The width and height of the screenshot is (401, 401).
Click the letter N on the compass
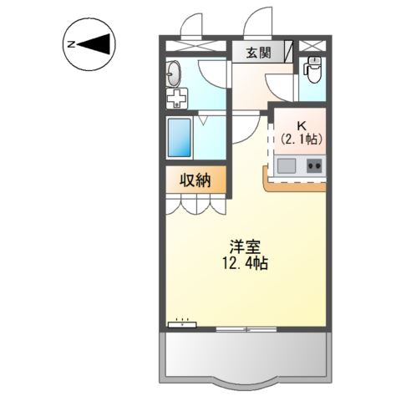pos(71,44)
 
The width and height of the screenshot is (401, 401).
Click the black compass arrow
pos(96,44)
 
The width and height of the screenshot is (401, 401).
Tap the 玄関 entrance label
pos(259,53)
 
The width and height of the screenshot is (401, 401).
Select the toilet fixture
pos(313,70)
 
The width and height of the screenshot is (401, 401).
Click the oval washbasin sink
pos(174,74)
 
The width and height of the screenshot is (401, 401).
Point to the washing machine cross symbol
pos(177,99)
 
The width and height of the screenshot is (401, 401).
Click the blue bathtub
pos(180,138)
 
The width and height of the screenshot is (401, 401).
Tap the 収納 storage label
pos(195,180)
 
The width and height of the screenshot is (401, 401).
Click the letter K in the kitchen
pos(302,126)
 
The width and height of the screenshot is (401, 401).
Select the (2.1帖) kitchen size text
pos(302,139)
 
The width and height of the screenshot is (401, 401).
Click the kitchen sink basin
pos(287,165)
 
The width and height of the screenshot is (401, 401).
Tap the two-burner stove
pos(316,166)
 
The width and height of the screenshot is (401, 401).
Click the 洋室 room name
pos(245,246)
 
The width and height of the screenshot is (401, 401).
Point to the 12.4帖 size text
pos(245,263)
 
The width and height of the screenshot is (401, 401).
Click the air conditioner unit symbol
pos(182,324)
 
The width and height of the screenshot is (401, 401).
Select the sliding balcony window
pos(246,329)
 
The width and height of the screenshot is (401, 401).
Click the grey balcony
pos(246,354)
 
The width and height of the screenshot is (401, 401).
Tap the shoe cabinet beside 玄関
pos(289,52)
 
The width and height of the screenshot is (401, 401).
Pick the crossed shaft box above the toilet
pos(312,46)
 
